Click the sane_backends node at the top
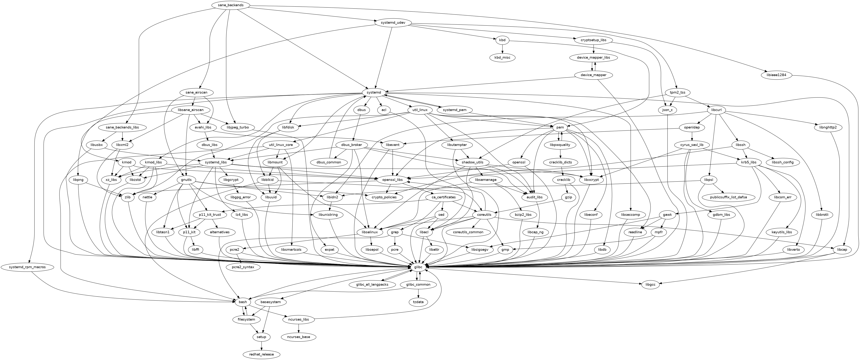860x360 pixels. point(230,5)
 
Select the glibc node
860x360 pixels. point(418,267)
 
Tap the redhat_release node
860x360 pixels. point(261,354)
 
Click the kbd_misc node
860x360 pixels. point(502,57)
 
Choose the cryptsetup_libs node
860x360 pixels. point(593,40)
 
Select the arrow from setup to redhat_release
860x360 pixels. point(261,345)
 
